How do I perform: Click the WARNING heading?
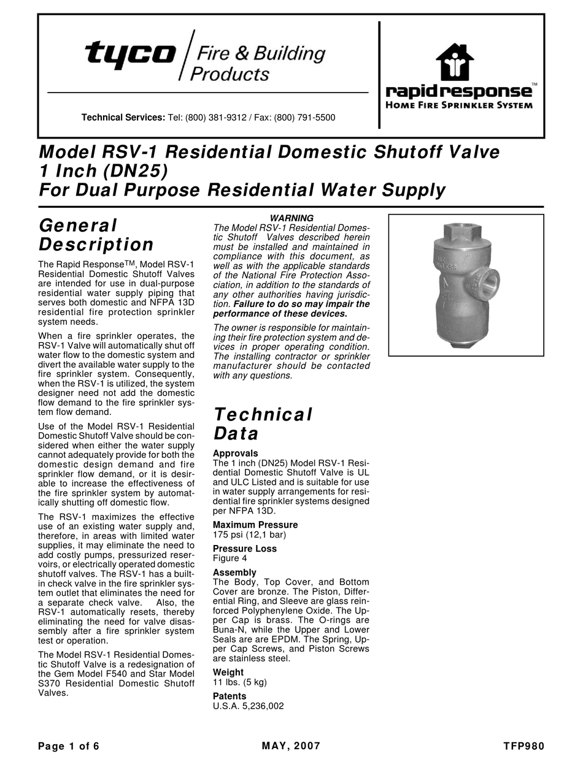point(291,218)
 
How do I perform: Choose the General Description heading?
point(96,235)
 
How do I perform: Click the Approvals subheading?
point(235,454)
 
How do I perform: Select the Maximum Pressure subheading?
point(255,525)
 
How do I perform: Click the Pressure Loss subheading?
point(244,549)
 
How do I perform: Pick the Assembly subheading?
point(234,573)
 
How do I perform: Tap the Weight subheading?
point(228,672)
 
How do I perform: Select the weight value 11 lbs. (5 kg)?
point(239,682)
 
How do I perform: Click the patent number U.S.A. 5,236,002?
point(248,706)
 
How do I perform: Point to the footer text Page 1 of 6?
point(69,747)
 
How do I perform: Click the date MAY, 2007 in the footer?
point(291,747)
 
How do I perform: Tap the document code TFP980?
point(523,747)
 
